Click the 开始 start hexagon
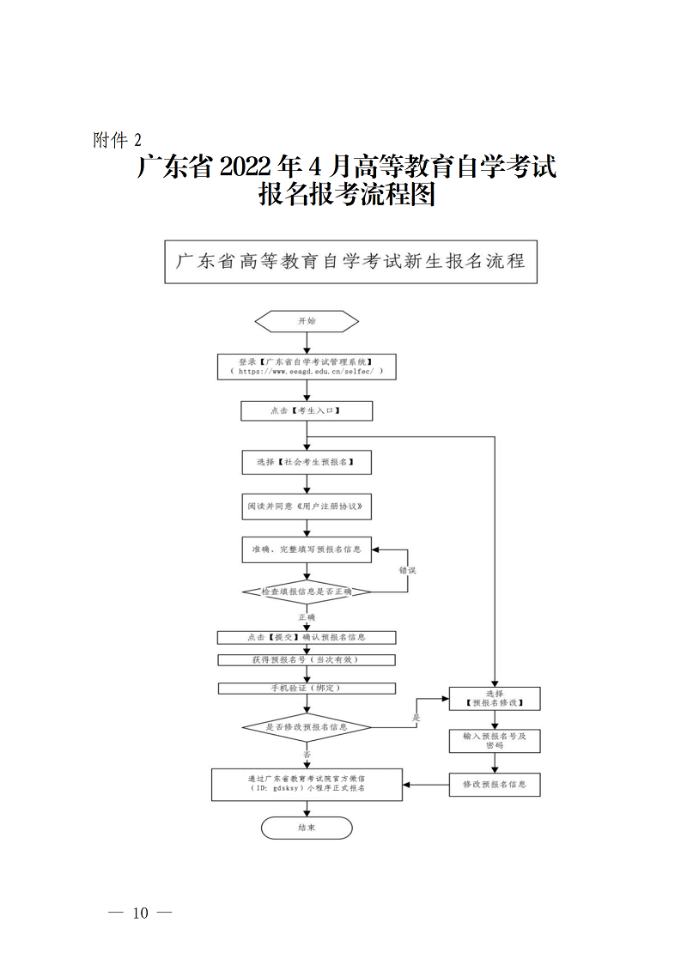[307, 321]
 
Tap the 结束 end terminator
[307, 828]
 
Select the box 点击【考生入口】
[307, 411]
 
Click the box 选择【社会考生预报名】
[307, 462]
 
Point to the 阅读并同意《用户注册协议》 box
[307, 507]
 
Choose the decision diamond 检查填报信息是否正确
[307, 592]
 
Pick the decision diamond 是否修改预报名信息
[307, 727]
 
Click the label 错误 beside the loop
[407, 569]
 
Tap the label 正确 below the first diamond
[307, 617]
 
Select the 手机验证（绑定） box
[307, 689]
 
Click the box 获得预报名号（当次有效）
[307, 659]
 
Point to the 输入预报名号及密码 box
[495, 740]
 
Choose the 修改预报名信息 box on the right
[495, 784]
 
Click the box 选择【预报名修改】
[495, 697]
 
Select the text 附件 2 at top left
[117, 140]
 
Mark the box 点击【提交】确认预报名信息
[307, 637]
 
